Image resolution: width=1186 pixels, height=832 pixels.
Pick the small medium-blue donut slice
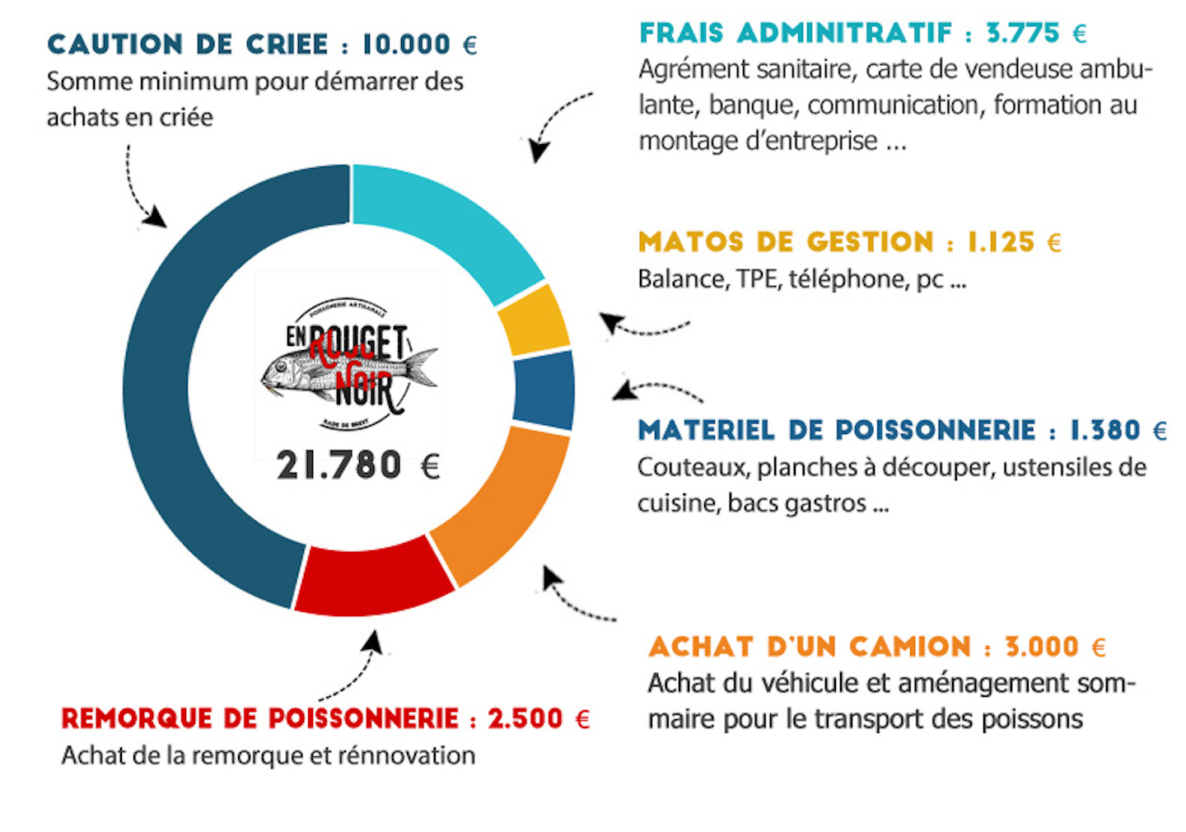[x=544, y=390]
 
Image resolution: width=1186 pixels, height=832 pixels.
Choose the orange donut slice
[x=502, y=502]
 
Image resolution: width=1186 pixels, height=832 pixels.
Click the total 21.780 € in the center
[x=358, y=465]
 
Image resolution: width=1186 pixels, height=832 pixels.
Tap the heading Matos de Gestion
[x=787, y=242]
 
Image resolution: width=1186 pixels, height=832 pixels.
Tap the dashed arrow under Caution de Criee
[x=140, y=194]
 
